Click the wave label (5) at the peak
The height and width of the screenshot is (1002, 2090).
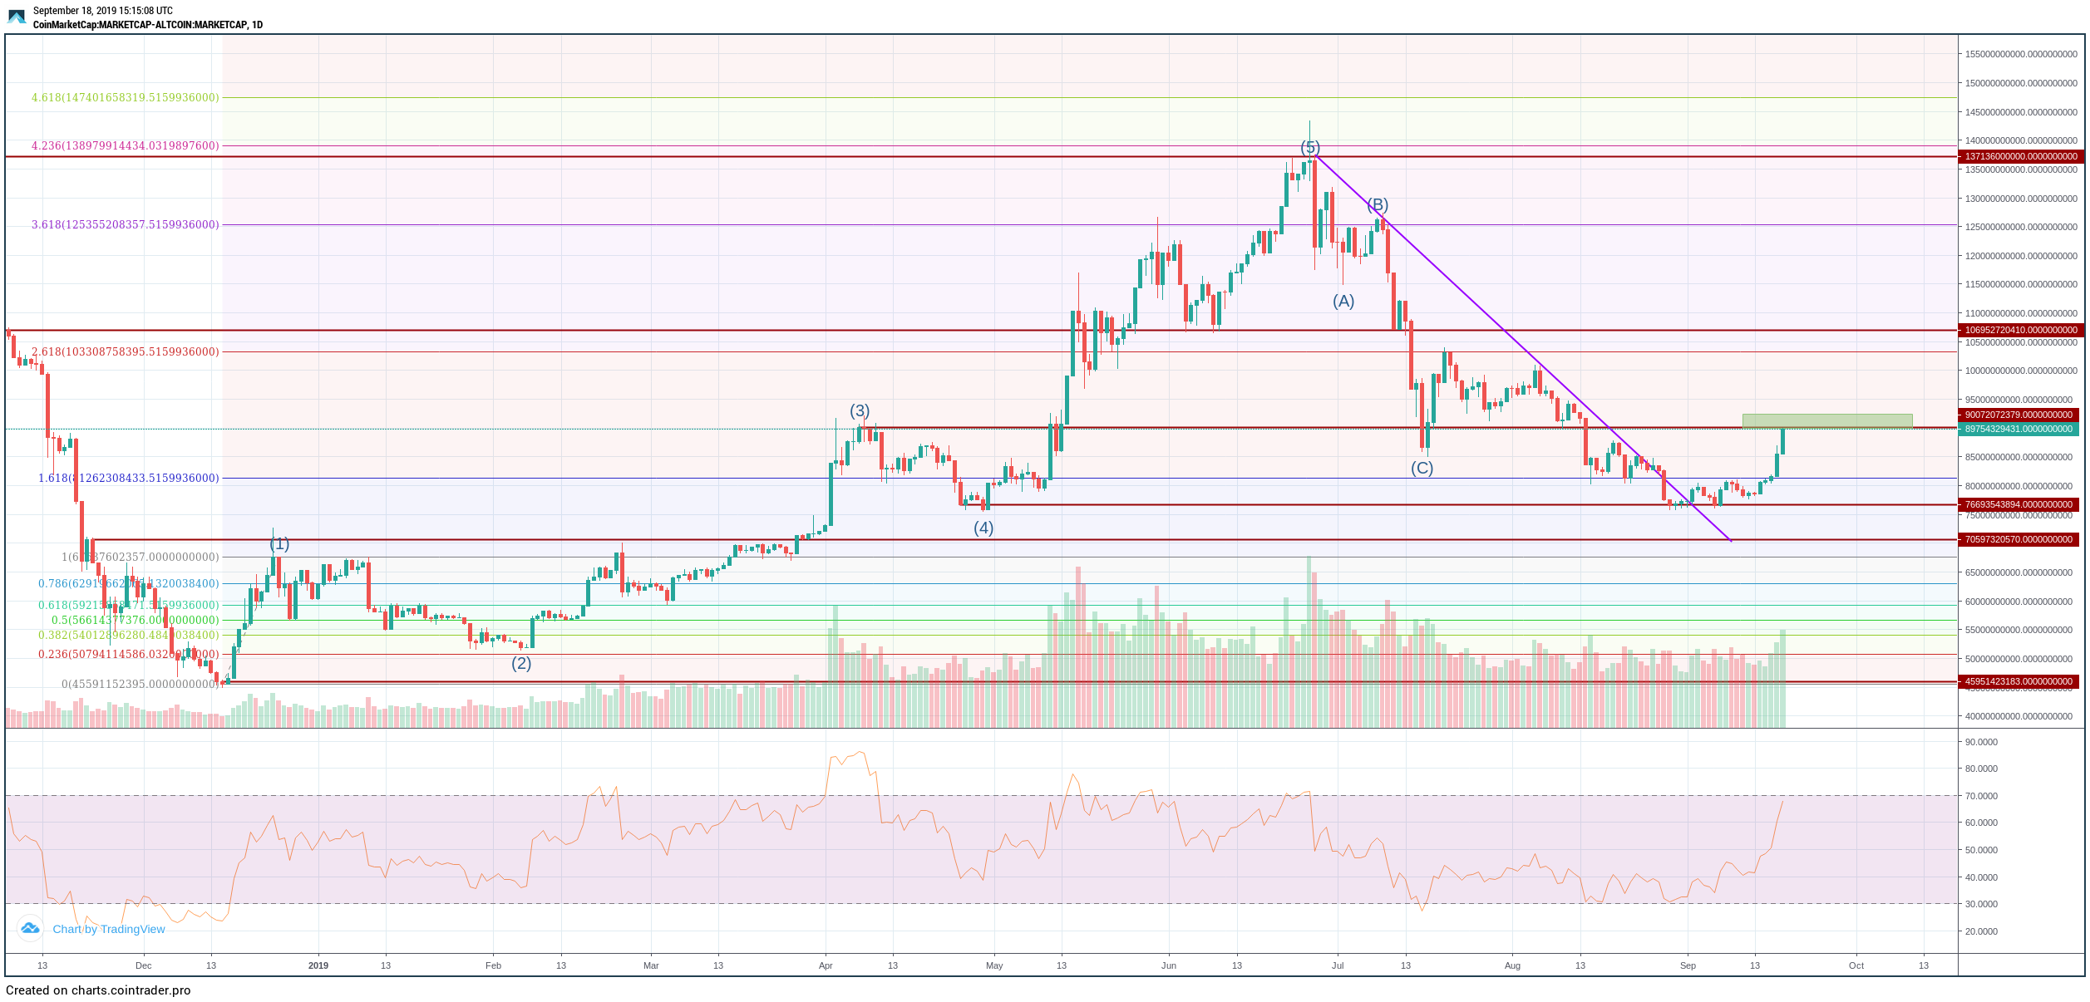[x=1310, y=148]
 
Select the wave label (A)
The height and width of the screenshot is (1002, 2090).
[x=1343, y=302]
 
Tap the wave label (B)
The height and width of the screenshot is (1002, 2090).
[x=1378, y=204]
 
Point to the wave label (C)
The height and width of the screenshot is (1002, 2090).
[x=1422, y=468]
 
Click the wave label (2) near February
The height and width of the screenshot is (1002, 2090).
[x=521, y=663]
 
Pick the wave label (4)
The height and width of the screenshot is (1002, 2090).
[x=983, y=528]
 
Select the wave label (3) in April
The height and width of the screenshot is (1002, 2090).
[x=860, y=410]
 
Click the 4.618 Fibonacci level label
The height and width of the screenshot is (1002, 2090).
[x=126, y=97]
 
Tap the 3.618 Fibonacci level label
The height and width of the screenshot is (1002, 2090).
[x=126, y=224]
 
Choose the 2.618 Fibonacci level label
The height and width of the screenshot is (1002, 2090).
[x=126, y=351]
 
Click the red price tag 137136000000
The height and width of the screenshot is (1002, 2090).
[x=2020, y=156]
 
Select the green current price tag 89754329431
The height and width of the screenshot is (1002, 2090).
[x=2020, y=429]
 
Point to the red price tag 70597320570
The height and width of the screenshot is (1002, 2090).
[x=2020, y=539]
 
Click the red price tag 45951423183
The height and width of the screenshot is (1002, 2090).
[x=2020, y=681]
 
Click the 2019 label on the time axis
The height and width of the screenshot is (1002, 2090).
[x=318, y=965]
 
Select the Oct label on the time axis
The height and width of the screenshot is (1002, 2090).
[x=1856, y=965]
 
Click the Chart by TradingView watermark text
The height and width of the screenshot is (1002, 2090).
[x=109, y=929]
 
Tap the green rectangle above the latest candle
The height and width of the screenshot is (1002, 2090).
[x=1827, y=420]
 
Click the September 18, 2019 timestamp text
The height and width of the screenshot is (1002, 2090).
[x=103, y=11]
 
